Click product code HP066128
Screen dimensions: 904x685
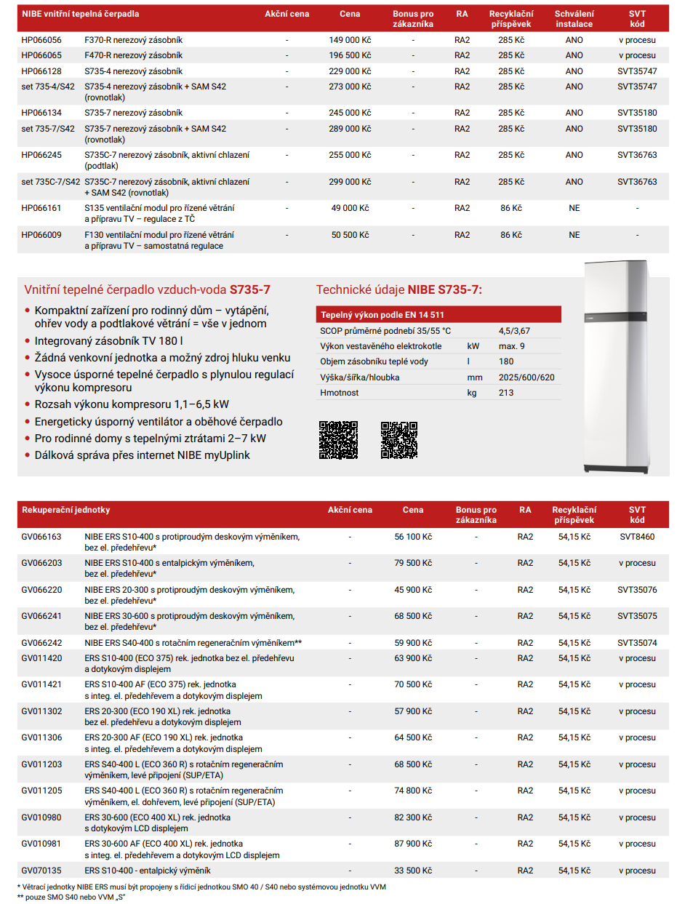tap(41, 71)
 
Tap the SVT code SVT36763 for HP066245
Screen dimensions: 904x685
tap(637, 155)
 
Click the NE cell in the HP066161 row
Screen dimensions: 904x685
tap(574, 208)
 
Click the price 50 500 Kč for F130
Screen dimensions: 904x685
tap(350, 235)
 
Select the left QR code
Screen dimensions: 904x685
tap(338, 439)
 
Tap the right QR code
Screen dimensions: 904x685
tap(399, 439)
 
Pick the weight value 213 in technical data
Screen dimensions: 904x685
tap(506, 393)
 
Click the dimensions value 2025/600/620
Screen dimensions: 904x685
tap(526, 377)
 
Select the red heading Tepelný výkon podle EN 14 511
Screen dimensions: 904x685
tap(382, 315)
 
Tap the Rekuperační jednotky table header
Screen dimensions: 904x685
tap(66, 510)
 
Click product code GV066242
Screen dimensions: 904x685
tap(41, 643)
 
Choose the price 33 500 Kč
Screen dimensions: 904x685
tap(413, 871)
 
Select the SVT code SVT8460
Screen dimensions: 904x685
tap(637, 537)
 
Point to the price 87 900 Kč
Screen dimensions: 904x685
tap(413, 844)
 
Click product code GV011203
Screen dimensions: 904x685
tap(41, 764)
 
